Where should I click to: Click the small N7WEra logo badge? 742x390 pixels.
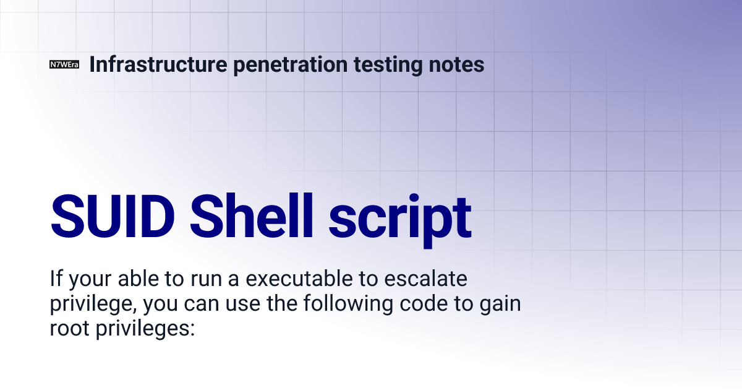point(64,64)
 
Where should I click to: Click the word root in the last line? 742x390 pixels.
point(69,328)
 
